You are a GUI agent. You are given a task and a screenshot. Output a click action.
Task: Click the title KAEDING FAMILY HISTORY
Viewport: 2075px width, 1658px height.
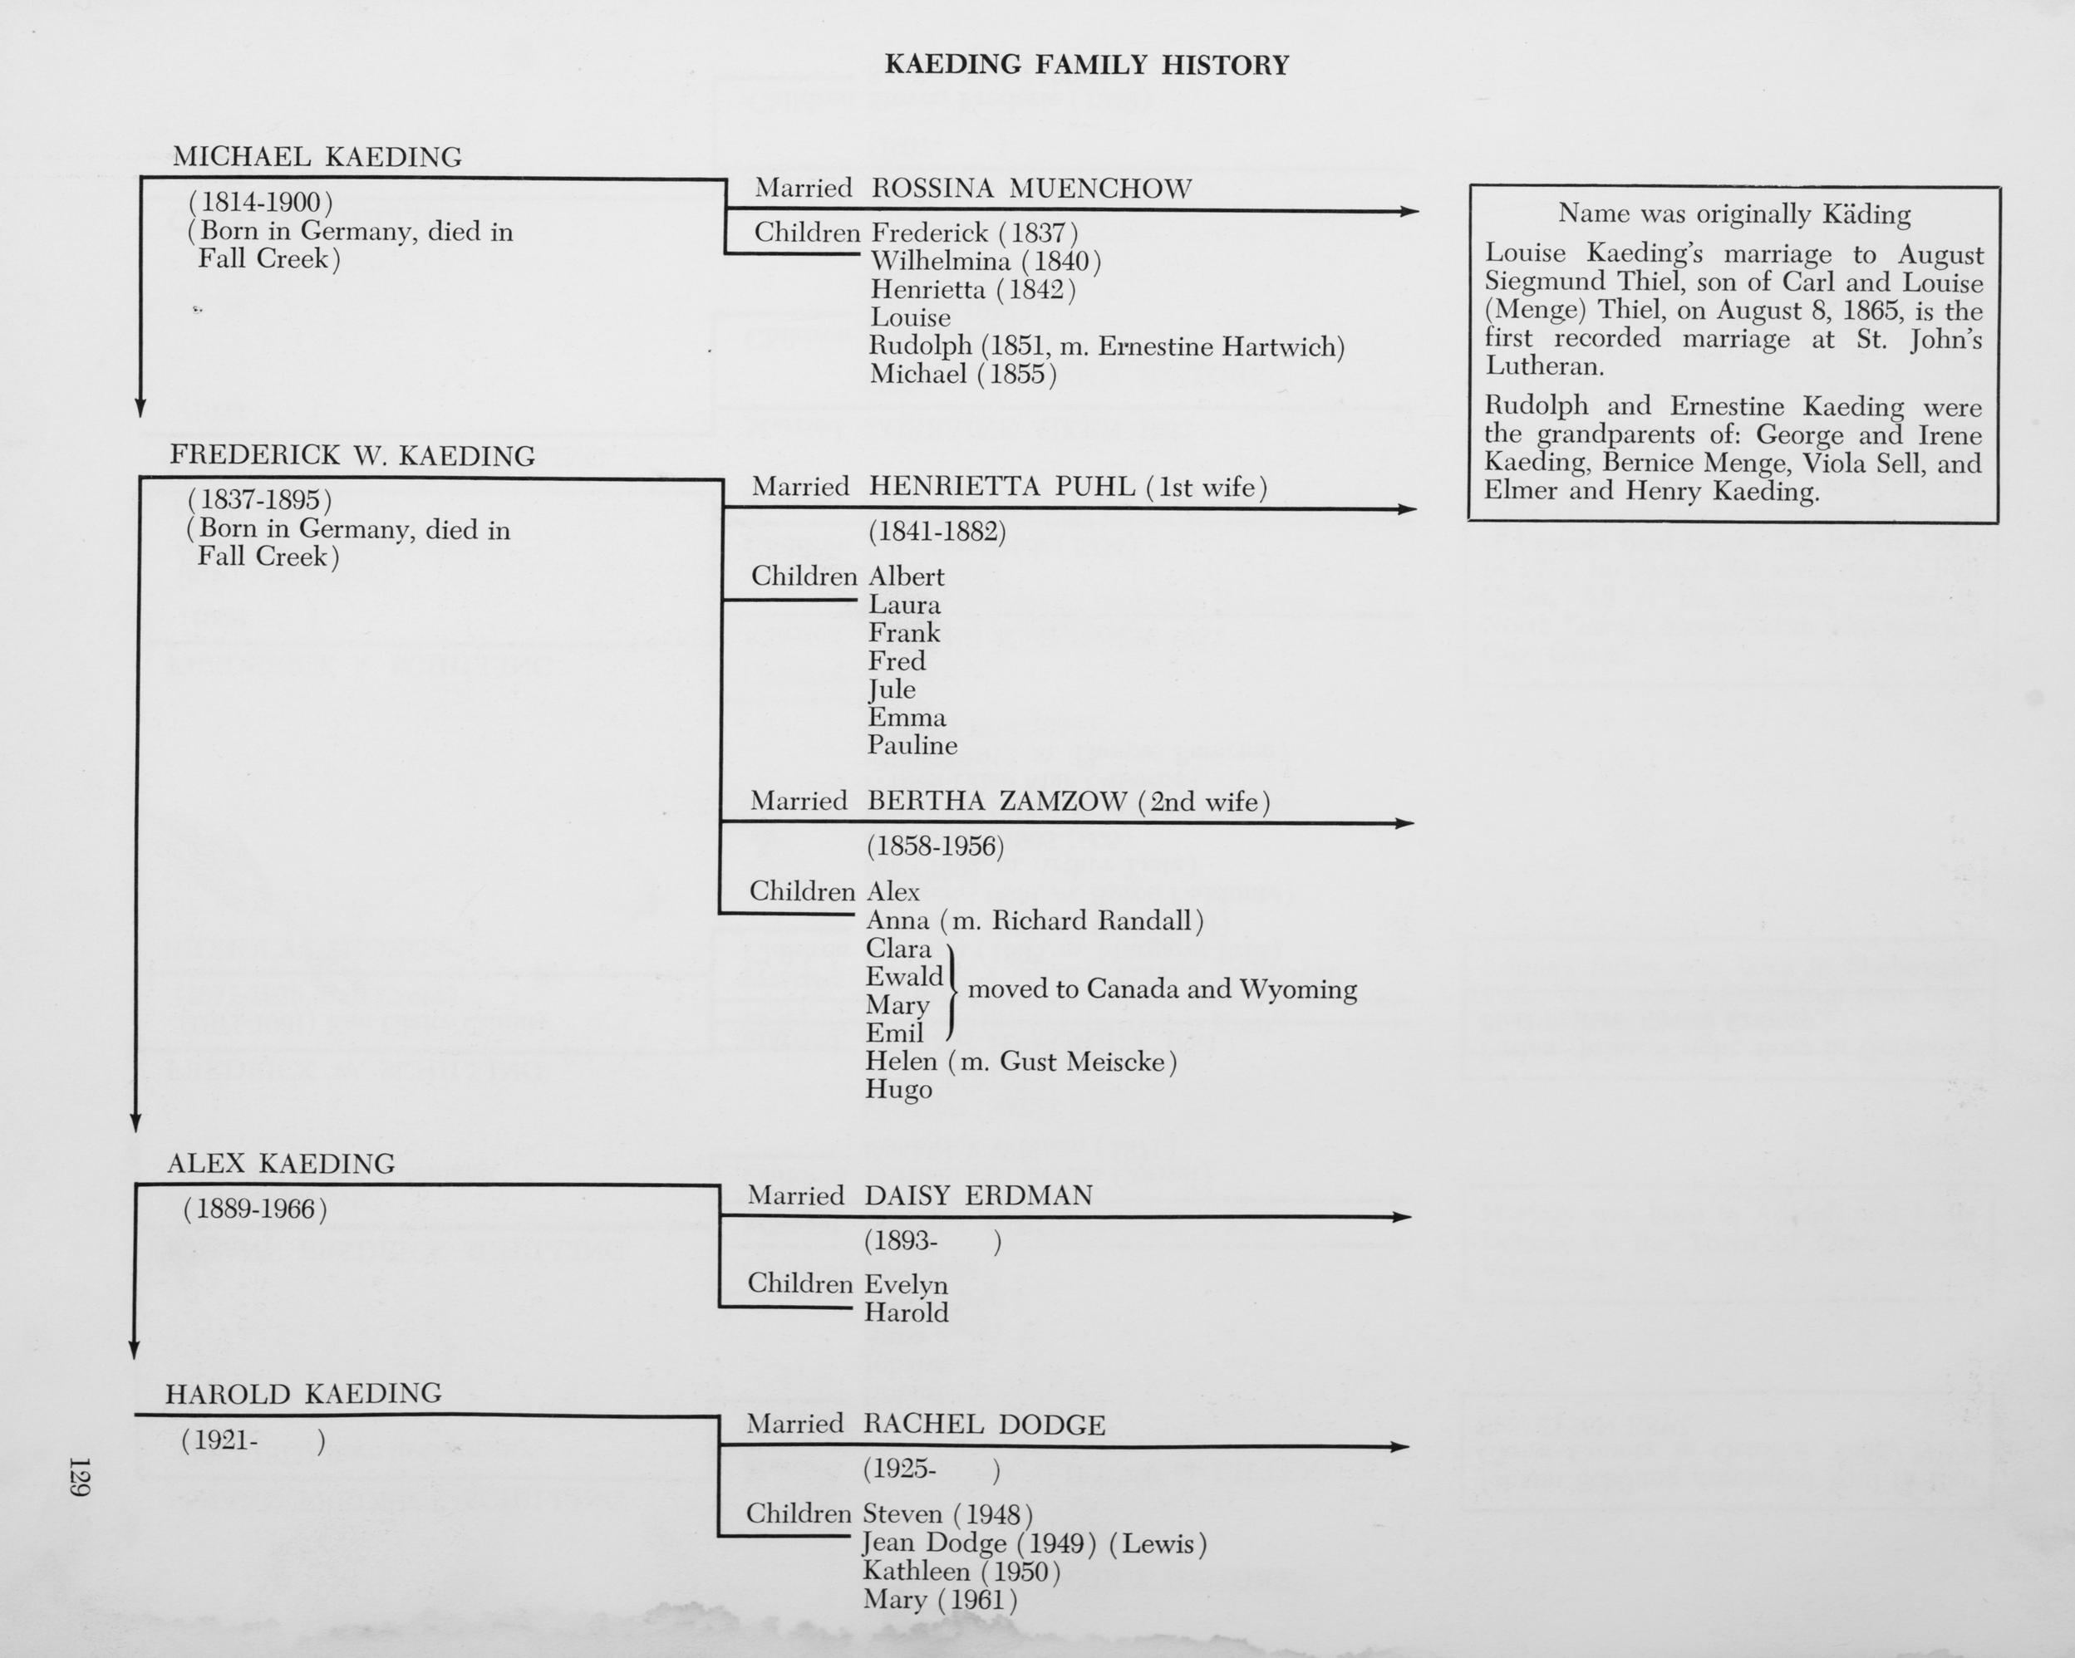[1085, 66]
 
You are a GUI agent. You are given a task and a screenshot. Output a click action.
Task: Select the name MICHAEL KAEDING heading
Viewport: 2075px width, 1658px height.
[317, 157]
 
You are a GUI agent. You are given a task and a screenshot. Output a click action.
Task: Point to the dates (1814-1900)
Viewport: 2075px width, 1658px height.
[261, 203]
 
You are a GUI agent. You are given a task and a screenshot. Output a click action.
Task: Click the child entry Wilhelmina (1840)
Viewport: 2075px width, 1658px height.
[985, 262]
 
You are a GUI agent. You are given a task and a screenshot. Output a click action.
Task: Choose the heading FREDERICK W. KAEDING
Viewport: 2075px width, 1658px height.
[352, 456]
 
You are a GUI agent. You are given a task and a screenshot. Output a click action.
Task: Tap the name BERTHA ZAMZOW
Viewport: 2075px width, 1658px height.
[996, 802]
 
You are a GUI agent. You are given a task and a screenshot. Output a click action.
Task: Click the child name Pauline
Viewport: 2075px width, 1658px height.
[912, 746]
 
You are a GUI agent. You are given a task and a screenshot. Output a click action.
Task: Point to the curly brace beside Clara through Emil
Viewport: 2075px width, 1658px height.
[953, 991]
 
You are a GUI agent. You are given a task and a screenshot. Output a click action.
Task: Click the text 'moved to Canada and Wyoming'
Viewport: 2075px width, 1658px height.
[1162, 989]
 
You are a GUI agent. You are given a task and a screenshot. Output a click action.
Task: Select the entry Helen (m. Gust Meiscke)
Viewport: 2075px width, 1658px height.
[1020, 1062]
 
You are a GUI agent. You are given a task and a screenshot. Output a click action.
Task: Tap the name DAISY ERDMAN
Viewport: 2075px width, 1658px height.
[978, 1196]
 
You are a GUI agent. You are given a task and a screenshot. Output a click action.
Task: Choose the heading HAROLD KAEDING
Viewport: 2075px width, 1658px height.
[303, 1393]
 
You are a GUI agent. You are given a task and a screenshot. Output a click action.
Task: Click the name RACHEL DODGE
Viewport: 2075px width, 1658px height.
[984, 1425]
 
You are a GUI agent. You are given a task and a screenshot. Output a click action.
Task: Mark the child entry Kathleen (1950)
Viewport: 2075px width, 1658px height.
[961, 1572]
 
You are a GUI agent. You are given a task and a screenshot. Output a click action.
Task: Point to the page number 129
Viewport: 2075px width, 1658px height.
[79, 1476]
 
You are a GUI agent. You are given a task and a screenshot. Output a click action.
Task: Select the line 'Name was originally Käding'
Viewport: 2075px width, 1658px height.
[1733, 213]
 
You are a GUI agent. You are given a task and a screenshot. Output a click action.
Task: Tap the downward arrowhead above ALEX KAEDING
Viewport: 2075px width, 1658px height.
[135, 1122]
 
